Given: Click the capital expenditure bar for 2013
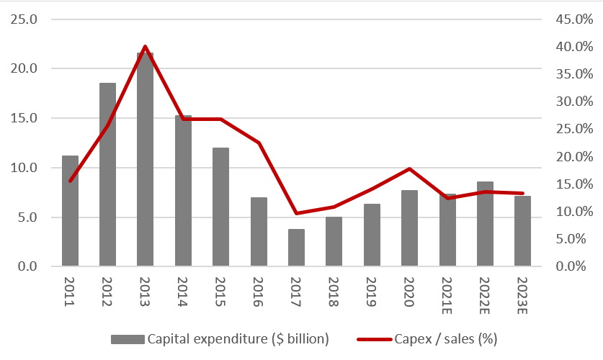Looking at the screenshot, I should [x=145, y=159].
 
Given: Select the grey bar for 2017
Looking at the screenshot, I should [x=296, y=248].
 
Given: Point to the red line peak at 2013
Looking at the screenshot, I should [x=145, y=47].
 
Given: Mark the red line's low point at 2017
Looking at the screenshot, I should [x=296, y=213].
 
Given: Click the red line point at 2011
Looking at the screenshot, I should [x=70, y=181].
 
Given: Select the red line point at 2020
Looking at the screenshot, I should [x=409, y=168].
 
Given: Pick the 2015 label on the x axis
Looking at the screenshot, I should [x=220, y=292].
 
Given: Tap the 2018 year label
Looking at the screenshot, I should [x=334, y=292].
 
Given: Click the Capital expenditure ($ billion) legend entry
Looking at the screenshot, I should [x=220, y=338].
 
